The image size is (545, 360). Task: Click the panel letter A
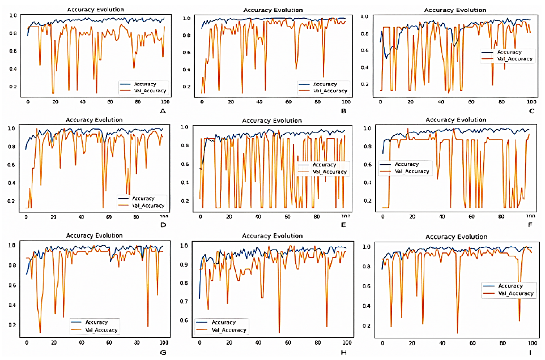[x=163, y=111]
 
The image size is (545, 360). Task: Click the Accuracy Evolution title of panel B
[x=272, y=10]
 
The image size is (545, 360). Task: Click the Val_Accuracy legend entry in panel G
[x=102, y=329]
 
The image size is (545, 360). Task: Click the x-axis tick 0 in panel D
[x=25, y=217]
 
